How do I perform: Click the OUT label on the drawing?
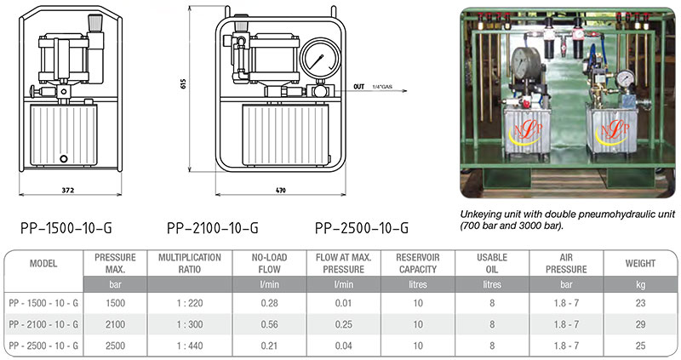(358, 86)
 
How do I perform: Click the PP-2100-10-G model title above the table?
(211, 227)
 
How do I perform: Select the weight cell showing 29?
(639, 324)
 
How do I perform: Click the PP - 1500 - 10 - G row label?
(43, 303)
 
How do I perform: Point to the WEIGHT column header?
(639, 263)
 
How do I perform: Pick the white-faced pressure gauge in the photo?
(624, 78)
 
